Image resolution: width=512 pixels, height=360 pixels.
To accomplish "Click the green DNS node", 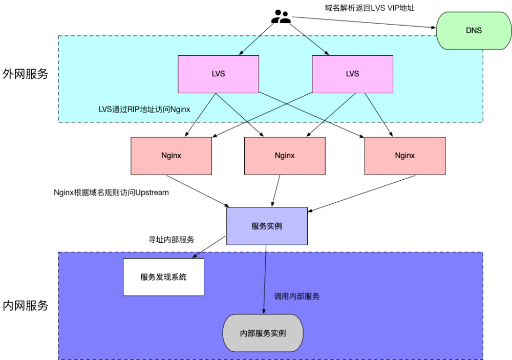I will pos(474,31).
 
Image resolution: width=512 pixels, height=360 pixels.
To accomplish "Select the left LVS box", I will pos(218,74).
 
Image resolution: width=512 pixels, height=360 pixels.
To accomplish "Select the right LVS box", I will pos(352,74).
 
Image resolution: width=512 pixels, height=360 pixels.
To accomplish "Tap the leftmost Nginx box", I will pos(171,156).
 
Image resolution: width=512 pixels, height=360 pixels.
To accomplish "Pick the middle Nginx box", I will pos(285,156).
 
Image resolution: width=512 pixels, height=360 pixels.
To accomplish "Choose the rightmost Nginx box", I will pos(404,156).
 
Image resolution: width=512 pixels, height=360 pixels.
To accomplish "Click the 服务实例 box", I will pos(267,226).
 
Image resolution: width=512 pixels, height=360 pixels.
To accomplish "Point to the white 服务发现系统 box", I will pos(163,277).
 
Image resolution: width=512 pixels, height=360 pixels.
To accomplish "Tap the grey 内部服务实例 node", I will pos(263,333).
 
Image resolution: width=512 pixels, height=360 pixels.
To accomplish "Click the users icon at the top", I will pos(281,17).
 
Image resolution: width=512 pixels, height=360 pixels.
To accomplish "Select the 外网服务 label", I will pos(26,74).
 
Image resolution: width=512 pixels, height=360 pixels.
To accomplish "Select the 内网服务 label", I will pos(26,306).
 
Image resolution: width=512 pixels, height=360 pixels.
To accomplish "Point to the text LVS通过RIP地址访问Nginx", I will pos(144,109).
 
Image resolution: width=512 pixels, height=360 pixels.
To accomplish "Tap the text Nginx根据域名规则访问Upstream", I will pos(111,193).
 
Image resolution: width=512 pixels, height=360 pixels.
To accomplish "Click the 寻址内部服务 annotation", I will pos(171,239).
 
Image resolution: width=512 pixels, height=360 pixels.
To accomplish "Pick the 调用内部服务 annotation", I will pos(297,297).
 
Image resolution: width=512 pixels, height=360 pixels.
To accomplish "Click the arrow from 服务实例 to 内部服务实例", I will pos(265,279).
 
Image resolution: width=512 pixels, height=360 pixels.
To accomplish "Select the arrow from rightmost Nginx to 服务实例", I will pos(361,194).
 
